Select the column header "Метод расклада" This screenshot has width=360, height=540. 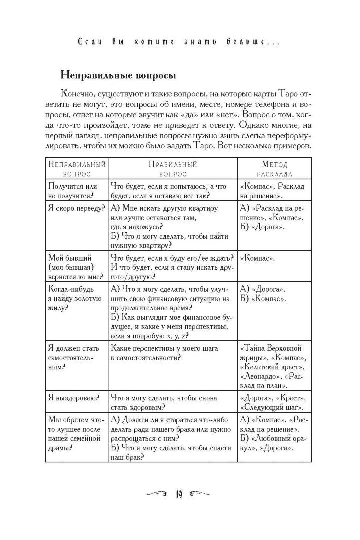pos(274,169)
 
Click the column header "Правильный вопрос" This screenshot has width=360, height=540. pos(173,169)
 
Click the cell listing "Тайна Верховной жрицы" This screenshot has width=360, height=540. pos(274,366)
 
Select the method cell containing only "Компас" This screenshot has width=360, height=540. pos(274,258)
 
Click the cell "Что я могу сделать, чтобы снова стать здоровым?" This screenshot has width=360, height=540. pos(173,402)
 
